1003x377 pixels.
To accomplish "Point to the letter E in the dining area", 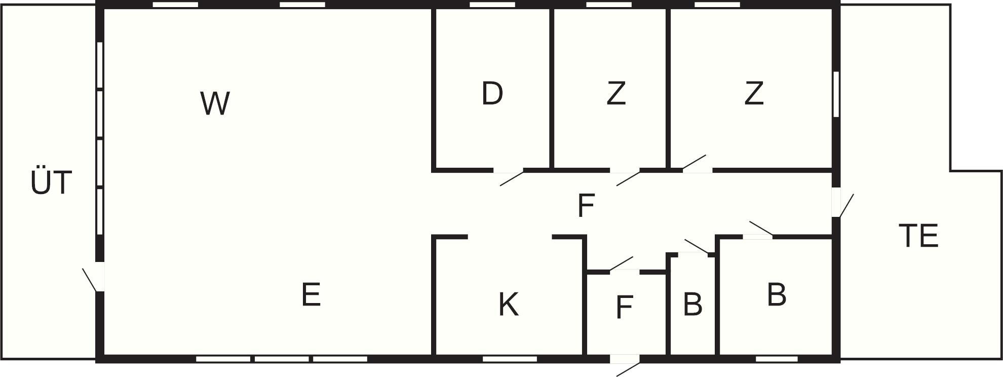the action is pos(311,294).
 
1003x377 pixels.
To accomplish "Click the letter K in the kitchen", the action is pos(509,305).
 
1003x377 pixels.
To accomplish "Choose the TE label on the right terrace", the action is pos(919,236).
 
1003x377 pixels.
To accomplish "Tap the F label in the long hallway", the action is pos(586,206).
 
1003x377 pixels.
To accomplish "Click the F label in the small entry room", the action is pos(624,307).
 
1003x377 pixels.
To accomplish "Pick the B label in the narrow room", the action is pos(692,304).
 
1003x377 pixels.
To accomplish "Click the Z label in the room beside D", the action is pos(616,93).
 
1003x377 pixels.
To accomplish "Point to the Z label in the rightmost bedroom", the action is pos(754,93).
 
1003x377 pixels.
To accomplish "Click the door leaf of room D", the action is pos(512,179).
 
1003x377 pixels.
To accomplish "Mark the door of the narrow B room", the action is pos(697,247).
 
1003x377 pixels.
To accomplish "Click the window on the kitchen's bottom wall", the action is pos(510,359).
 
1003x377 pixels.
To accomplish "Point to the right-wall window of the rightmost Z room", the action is pos(836,94).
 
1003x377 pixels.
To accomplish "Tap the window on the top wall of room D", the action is pos(492,5).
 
